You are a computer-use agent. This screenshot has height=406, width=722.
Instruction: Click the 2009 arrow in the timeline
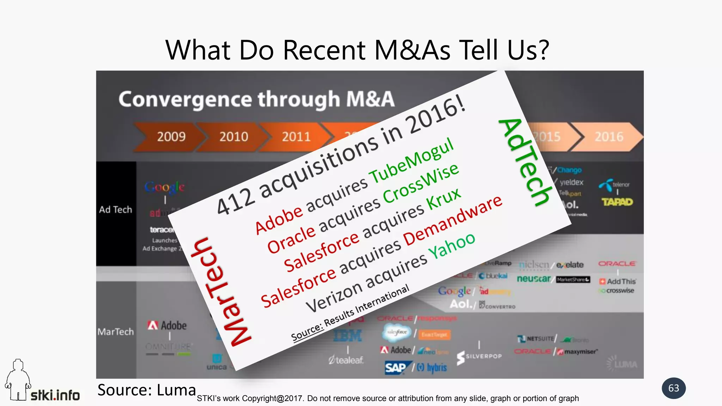(171, 137)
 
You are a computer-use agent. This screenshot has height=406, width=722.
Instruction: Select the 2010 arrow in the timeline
(233, 137)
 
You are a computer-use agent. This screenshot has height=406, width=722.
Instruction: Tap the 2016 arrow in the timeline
(609, 137)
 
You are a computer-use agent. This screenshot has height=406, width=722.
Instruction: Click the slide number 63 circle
(673, 388)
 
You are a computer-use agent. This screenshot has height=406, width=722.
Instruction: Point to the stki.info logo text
(55, 395)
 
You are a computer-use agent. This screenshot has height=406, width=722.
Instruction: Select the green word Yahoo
(452, 246)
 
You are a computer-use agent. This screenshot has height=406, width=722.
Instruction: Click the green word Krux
(443, 199)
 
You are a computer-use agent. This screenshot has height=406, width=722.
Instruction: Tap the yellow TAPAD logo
(617, 202)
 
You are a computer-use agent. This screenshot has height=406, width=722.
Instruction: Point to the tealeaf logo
(346, 360)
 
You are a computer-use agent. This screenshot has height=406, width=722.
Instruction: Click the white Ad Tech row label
(116, 210)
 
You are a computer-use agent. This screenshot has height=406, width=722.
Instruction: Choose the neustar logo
(533, 279)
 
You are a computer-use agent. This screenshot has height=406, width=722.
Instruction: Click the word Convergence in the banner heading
(185, 99)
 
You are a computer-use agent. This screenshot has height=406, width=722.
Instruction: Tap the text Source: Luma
(146, 390)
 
